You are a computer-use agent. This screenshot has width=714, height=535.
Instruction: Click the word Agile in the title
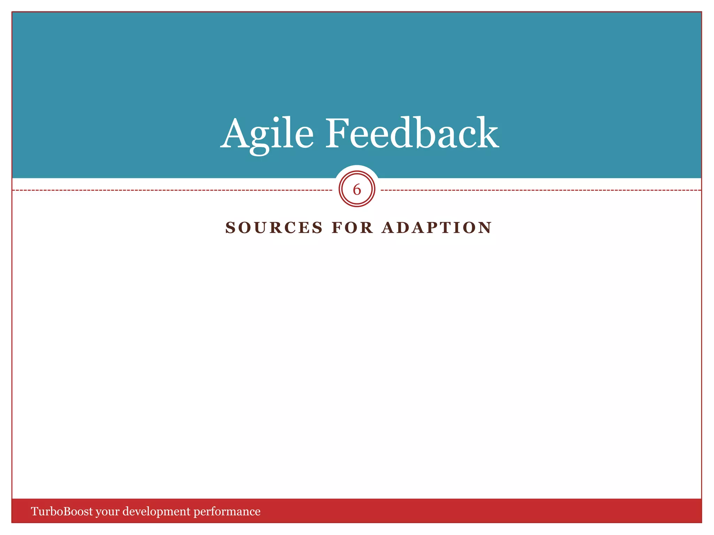pos(267,134)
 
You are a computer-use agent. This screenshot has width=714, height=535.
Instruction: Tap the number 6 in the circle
pos(357,190)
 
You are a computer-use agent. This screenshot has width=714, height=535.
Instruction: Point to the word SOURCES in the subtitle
pos(274,228)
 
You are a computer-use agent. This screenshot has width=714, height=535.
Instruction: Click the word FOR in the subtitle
pos(352,228)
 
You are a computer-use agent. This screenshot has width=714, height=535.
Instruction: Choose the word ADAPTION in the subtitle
pos(436,228)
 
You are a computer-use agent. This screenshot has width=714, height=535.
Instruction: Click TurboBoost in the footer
pos(62,511)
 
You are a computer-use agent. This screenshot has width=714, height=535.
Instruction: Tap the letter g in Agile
pos(259,139)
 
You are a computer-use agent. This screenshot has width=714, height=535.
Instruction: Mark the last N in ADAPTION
pos(485,228)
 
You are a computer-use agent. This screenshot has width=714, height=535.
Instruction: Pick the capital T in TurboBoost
pos(35,511)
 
